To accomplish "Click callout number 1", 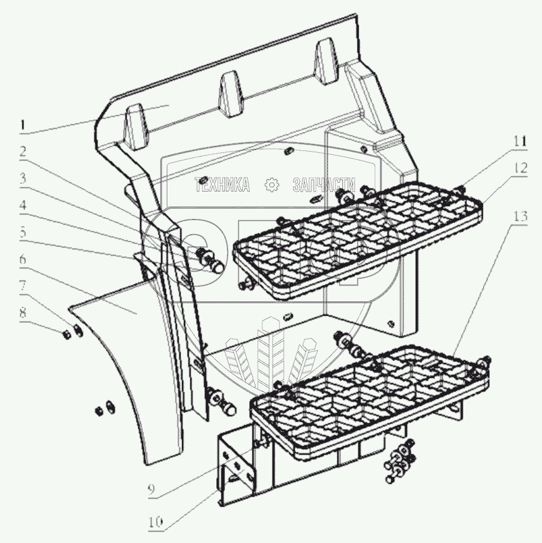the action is pos(23,125).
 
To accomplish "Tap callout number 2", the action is pos(23,152).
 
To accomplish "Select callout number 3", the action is pos(23,178).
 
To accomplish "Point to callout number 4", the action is pos(23,206).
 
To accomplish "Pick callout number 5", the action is pos(23,232).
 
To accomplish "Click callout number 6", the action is pos(23,259).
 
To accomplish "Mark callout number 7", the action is pos(23,286).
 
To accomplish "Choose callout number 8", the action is pos(23,313).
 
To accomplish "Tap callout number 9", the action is pos(152,490).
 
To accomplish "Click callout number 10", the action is pos(156,523).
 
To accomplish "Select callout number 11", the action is pos(520,141).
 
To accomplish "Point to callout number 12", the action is pos(520,168).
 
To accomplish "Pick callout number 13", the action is pos(520,216).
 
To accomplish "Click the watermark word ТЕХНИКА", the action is pos(222,184).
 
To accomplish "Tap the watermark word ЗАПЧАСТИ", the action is pos(324,184).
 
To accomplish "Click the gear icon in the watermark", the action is pos(271,184).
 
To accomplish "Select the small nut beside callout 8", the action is pos(67,334).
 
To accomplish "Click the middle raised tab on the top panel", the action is pos(230,95).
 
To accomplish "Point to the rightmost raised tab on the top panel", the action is pos(326,62).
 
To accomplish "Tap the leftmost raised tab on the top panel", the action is pos(136,126).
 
